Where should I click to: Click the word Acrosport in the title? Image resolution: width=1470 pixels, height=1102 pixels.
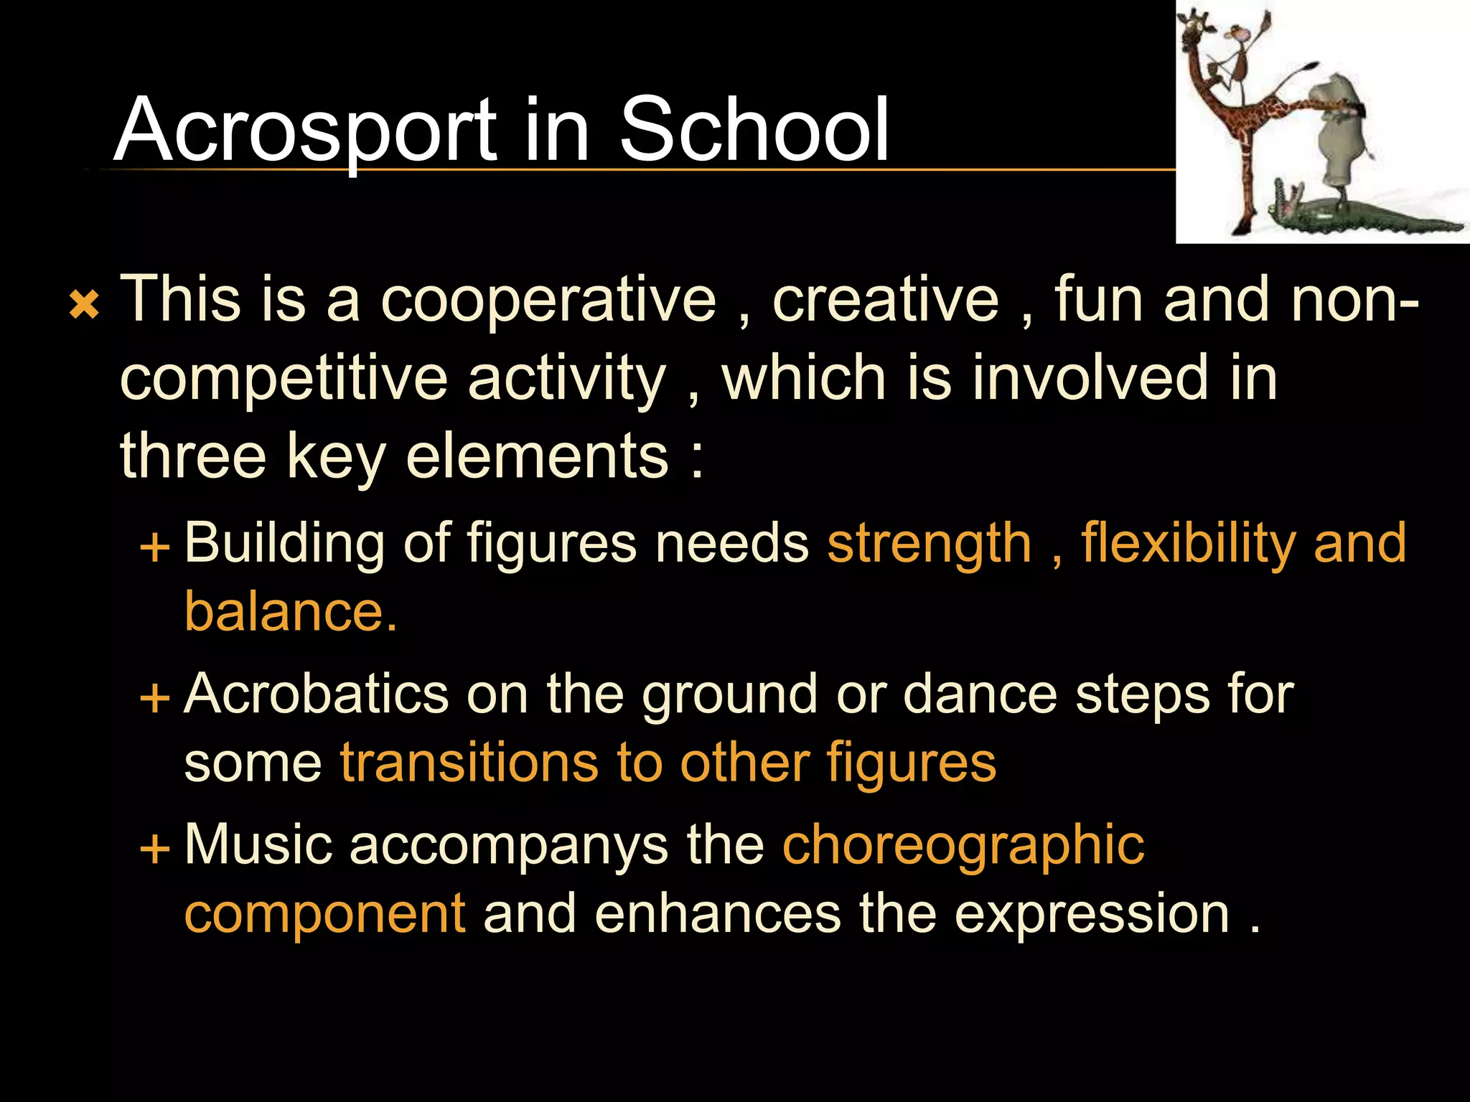pos(305,131)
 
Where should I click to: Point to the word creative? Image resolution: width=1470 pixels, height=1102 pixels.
pos(885,300)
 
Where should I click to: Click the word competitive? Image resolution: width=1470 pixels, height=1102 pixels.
pos(284,379)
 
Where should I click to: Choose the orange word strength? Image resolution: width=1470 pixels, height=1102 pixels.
pos(930,544)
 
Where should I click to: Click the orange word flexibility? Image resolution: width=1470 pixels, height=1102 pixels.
pos(1187,544)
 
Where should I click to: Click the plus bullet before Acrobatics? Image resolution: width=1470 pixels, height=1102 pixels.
pos(155,697)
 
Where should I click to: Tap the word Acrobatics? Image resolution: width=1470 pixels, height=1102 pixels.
pos(316,694)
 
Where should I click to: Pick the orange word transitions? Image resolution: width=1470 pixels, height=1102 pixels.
pos(469,763)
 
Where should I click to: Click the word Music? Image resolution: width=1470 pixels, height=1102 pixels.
pos(258,844)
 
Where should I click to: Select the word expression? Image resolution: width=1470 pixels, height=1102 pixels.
pos(1092,914)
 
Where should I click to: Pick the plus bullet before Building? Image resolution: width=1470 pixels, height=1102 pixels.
pos(155,548)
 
